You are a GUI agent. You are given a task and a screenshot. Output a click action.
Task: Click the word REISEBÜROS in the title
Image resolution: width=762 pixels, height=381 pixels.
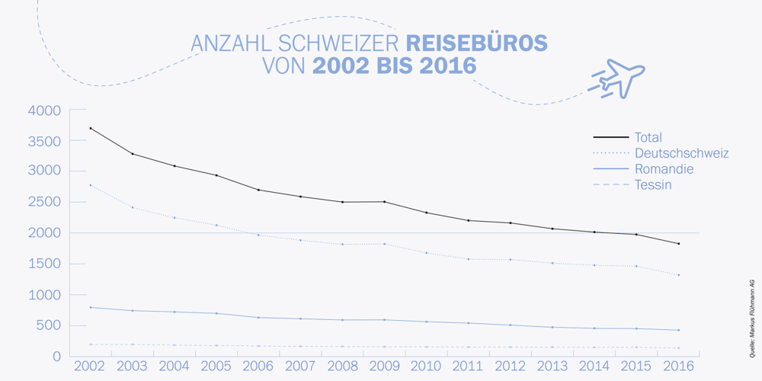point(476,43)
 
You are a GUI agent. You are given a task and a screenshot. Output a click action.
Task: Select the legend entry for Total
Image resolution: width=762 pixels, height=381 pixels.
point(648,137)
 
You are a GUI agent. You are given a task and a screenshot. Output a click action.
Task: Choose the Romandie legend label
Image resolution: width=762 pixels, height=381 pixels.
point(663,169)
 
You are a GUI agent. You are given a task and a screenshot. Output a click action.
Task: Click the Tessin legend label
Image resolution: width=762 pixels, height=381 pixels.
point(652,185)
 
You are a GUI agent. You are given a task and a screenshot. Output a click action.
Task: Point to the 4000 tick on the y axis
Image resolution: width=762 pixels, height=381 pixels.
point(43,111)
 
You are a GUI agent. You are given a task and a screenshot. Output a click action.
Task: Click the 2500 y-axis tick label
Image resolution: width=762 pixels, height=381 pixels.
point(43,202)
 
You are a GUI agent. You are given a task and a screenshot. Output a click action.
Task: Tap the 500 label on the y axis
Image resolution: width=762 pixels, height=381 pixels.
point(49,325)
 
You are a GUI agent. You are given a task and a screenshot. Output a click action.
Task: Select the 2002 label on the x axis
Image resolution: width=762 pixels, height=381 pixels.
point(90,367)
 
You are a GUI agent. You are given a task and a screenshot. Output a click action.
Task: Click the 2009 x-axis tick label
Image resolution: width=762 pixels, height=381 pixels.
point(384,367)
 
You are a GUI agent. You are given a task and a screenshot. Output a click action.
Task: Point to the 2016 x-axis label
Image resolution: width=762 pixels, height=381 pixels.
point(678,367)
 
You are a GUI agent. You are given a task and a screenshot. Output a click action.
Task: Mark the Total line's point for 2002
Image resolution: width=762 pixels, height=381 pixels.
point(90,128)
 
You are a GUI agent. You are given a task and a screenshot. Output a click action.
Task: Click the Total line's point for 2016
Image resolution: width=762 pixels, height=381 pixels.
point(678,244)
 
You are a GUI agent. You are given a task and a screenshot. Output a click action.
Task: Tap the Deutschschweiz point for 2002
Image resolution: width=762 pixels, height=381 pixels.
point(90,185)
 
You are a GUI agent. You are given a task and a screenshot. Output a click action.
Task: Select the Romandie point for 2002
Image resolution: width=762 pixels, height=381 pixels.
point(90,307)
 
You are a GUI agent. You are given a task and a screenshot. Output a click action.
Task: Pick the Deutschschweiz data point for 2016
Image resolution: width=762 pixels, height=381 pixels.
point(678,275)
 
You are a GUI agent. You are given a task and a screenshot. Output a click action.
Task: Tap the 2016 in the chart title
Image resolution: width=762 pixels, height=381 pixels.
point(440,66)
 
